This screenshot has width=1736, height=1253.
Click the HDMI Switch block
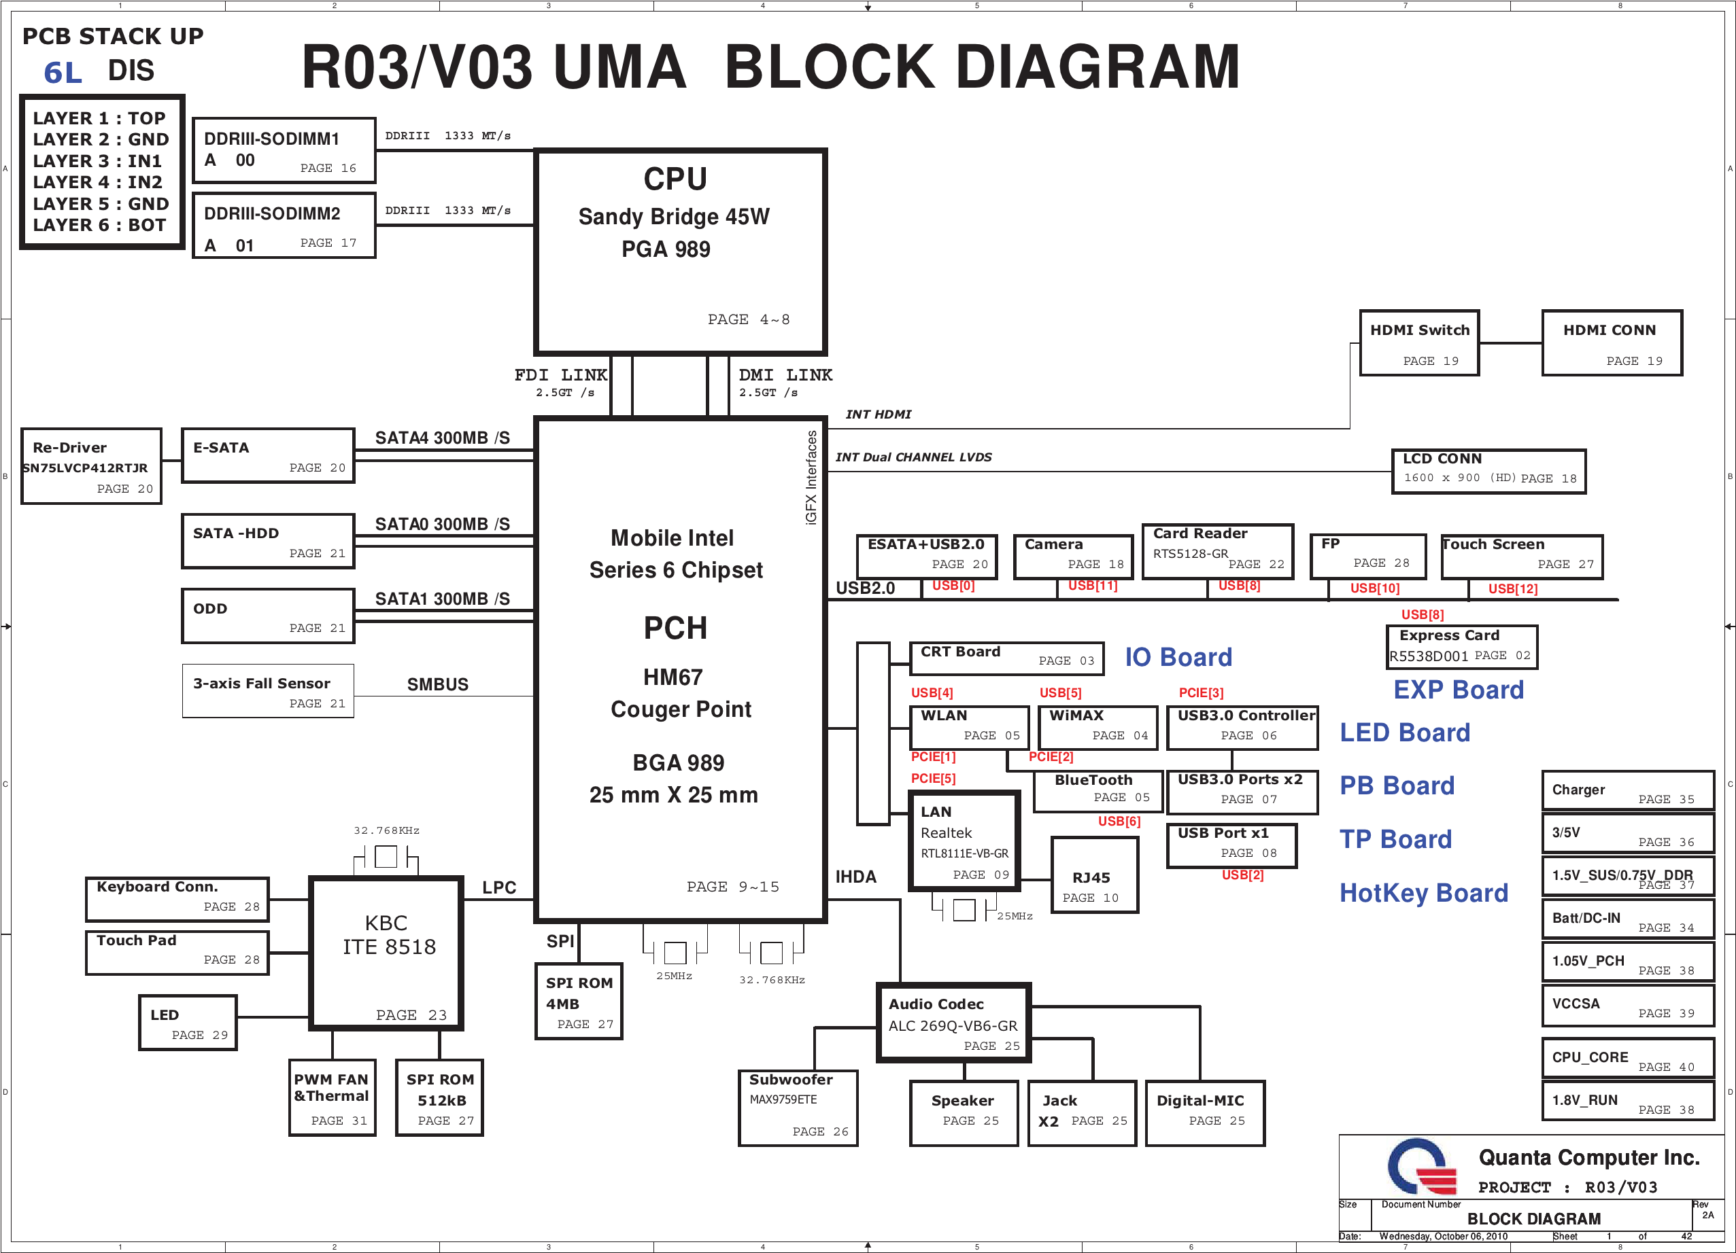1419,342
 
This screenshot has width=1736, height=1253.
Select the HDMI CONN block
1612,342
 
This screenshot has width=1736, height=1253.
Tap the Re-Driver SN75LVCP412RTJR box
91,466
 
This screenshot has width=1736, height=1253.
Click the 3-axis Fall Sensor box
268,691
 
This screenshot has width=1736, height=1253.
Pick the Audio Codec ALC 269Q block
954,1023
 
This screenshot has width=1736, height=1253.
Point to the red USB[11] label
1092,586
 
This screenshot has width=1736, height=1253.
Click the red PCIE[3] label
1200,693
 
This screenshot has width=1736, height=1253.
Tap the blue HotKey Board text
1423,893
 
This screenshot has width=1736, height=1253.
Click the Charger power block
1627,791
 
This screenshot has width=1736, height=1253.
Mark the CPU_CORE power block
1627,1059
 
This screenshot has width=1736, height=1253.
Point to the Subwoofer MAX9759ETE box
798,1108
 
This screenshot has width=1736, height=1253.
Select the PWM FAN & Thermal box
333,1097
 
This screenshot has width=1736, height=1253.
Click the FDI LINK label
560,376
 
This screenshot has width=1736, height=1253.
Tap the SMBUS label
437,685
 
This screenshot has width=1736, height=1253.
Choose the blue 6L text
63,73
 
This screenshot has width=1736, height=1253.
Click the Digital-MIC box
1205,1113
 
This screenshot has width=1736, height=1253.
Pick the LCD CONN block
1488,471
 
